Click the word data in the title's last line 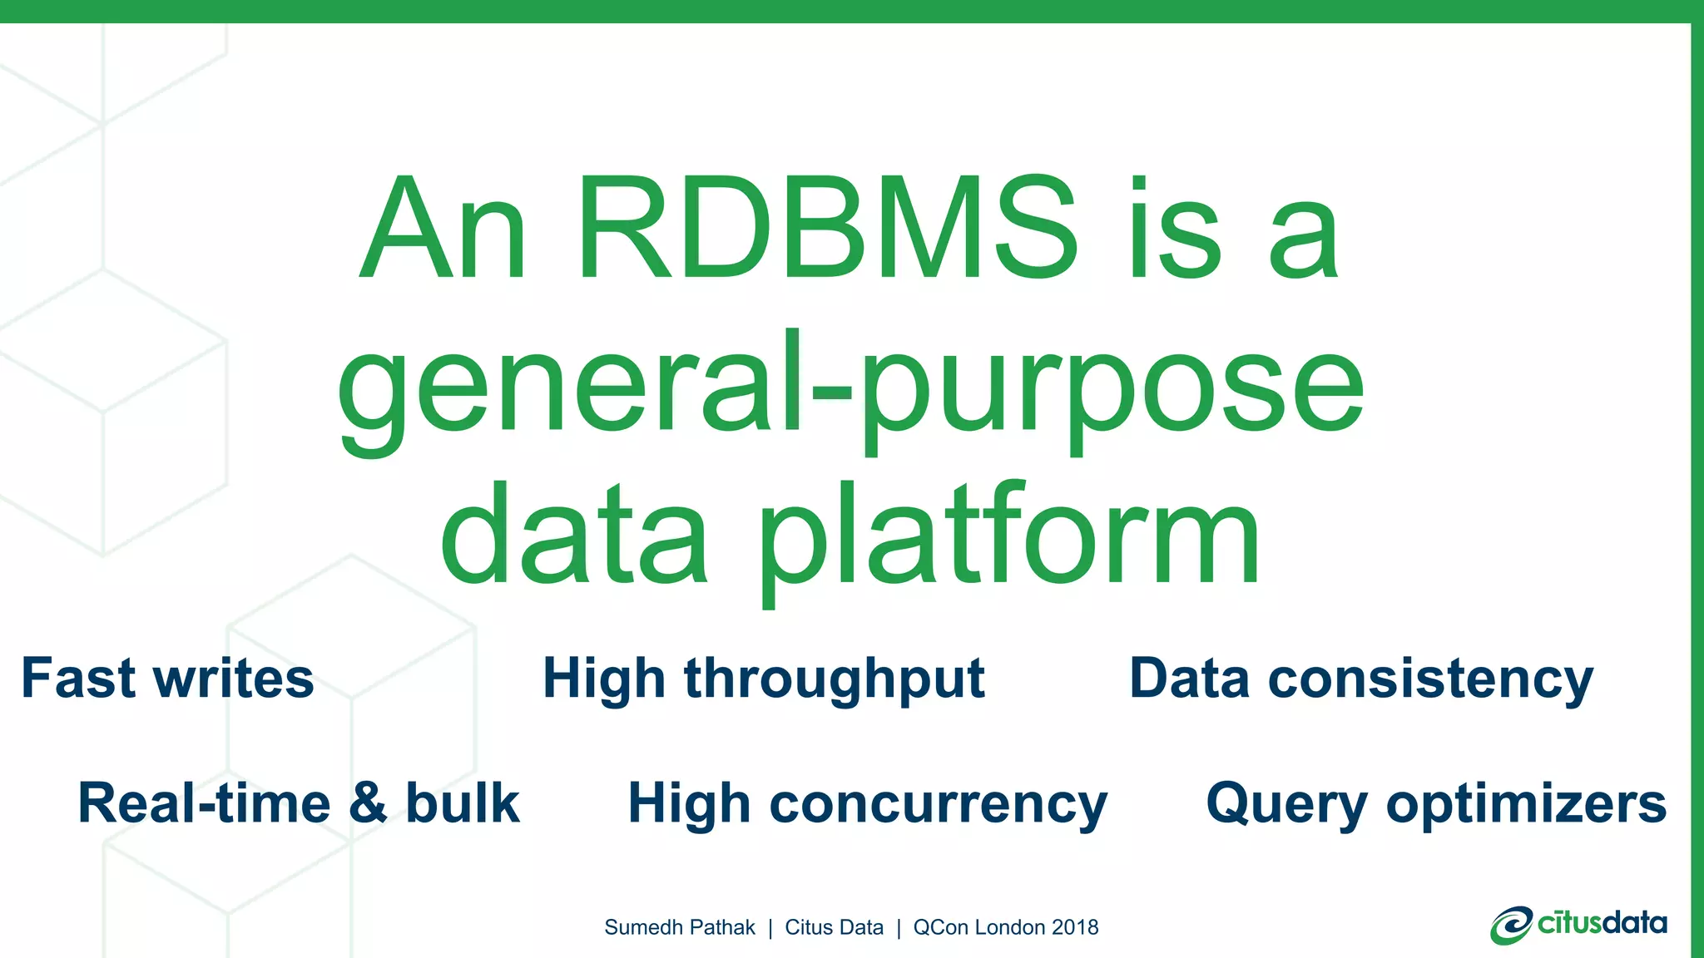[x=574, y=536]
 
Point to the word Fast [x=78, y=678]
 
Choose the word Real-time [x=204, y=803]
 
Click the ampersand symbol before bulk [x=368, y=803]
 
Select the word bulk [x=463, y=803]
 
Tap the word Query [x=1286, y=805]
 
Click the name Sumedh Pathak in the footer [x=680, y=927]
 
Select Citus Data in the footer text [x=834, y=927]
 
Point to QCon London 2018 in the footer [x=1006, y=927]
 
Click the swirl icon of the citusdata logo [x=1511, y=926]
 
